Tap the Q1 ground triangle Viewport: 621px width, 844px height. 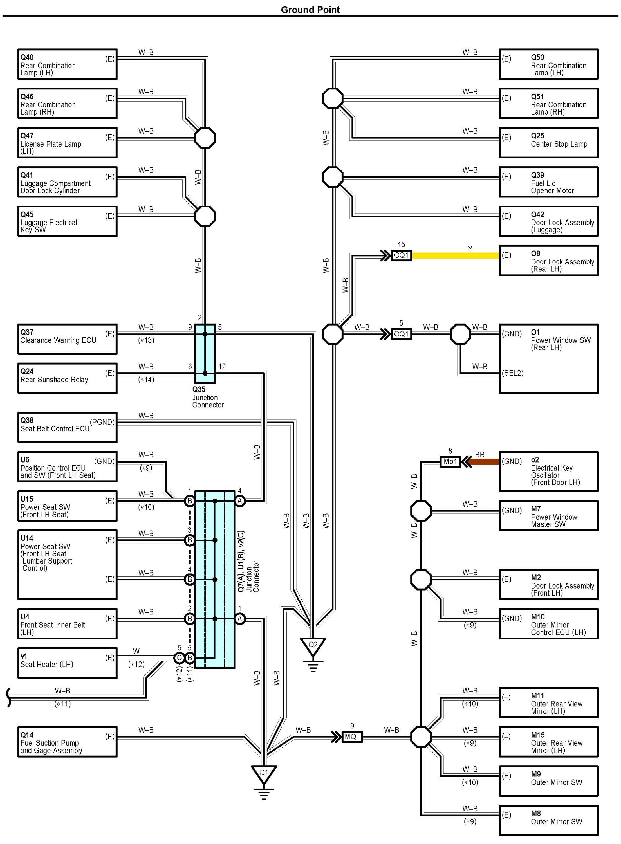[x=264, y=774]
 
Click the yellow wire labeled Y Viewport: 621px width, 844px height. [x=455, y=255]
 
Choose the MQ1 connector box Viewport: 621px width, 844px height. [x=352, y=737]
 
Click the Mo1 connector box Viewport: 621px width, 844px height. [x=450, y=461]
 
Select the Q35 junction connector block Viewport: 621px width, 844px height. [x=205, y=354]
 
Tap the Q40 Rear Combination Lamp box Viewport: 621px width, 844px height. [x=67, y=64]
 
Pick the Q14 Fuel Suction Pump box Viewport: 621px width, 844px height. [x=67, y=742]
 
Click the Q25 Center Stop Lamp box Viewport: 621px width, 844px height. [x=548, y=143]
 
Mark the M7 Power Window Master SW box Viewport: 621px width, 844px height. [x=548, y=516]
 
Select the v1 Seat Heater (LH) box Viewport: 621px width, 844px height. [x=67, y=663]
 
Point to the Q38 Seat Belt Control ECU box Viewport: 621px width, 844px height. [x=67, y=427]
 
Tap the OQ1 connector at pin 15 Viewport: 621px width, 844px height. [x=401, y=255]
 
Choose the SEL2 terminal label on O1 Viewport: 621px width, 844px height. [x=513, y=373]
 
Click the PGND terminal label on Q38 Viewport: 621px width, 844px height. [x=102, y=422]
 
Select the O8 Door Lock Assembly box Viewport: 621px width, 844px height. [x=548, y=261]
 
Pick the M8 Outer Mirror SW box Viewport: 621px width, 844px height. [x=548, y=820]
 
